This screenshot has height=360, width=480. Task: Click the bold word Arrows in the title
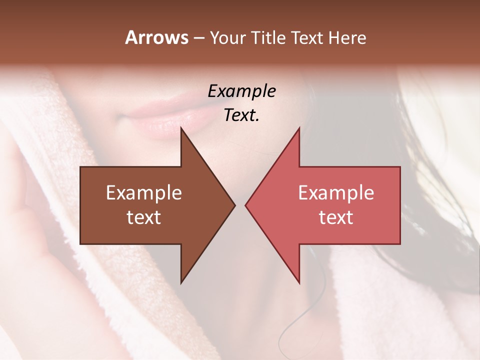coord(157,37)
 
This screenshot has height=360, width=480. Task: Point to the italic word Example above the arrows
coord(241,91)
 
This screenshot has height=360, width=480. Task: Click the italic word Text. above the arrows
coord(241,115)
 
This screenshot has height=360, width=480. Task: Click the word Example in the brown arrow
coord(144,193)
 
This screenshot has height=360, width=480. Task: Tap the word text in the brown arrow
coord(144,217)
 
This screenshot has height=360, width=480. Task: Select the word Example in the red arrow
coord(336,193)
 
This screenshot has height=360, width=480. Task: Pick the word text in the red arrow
coord(336,217)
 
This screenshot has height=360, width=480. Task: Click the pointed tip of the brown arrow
coord(234,205)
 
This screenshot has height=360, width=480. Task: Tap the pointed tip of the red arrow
coord(246,205)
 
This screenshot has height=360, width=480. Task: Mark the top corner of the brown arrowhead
coord(181,128)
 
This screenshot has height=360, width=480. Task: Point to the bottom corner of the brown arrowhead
coord(181,282)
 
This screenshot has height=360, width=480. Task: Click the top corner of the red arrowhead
coord(299,128)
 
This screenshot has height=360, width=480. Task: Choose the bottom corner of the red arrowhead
coord(299,282)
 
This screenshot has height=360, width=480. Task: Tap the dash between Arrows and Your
coord(198,38)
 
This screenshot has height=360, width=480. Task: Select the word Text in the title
coord(308,38)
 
